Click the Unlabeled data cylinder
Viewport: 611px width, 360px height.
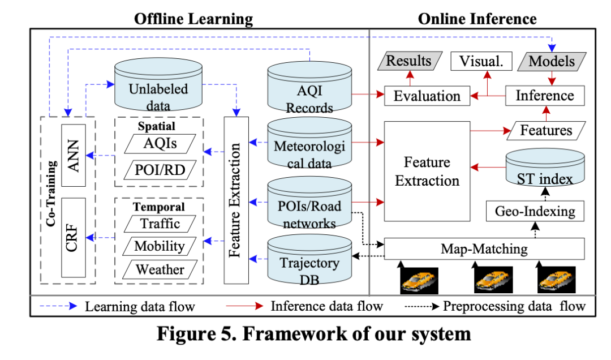click(x=158, y=85)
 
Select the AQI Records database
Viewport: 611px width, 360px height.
click(x=309, y=88)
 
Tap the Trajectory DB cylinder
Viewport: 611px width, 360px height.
click(x=309, y=259)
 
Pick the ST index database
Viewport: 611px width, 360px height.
click(x=545, y=168)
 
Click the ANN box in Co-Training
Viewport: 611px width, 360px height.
click(x=73, y=155)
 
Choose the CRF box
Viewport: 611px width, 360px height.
click(x=73, y=238)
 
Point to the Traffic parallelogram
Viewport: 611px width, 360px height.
click(x=160, y=224)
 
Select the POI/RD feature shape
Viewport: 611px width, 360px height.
click(x=160, y=170)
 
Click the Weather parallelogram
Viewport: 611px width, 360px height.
click(x=160, y=269)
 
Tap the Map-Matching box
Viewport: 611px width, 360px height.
click(x=484, y=249)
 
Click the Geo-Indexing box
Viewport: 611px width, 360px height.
click(x=535, y=211)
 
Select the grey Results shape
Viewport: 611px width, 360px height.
click(x=410, y=61)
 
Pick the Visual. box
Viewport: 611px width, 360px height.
click(x=481, y=61)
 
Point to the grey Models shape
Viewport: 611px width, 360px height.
click(x=552, y=61)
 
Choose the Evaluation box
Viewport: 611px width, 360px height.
click(x=427, y=96)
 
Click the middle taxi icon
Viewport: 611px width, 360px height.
click(x=493, y=279)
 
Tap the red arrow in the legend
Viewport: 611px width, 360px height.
click(x=245, y=306)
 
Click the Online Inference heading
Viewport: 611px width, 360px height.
click(x=477, y=19)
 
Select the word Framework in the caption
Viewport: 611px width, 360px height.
click(x=298, y=334)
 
